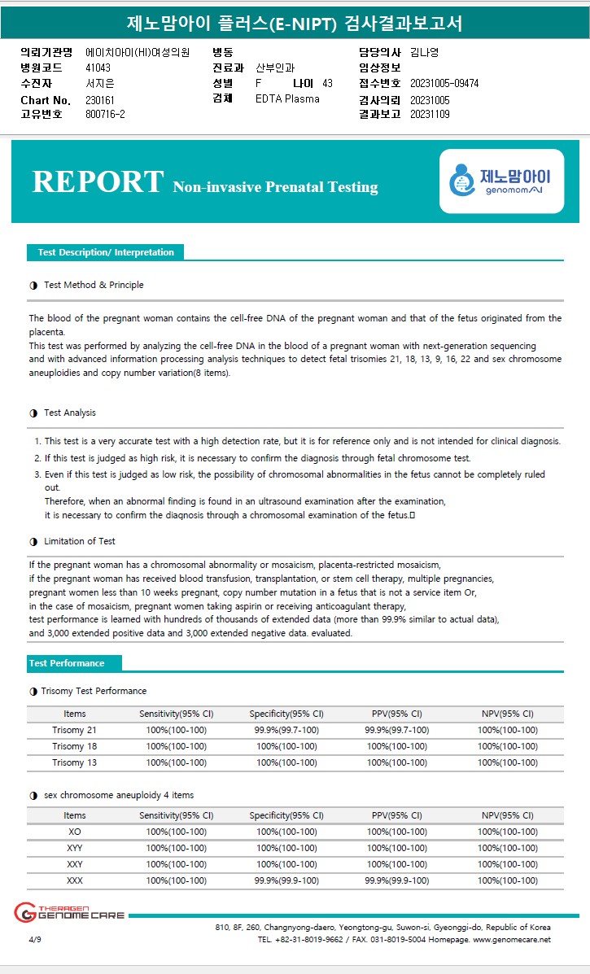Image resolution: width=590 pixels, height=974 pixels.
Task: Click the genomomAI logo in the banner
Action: (501, 181)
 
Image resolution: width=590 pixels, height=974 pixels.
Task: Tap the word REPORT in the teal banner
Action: (98, 181)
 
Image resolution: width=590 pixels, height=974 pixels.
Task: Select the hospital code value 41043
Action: (98, 68)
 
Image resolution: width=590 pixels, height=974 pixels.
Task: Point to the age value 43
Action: (327, 84)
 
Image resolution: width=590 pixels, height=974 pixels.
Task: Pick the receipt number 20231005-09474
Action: (444, 84)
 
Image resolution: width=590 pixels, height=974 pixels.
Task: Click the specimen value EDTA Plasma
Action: (287, 99)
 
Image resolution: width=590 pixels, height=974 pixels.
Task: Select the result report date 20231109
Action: (430, 115)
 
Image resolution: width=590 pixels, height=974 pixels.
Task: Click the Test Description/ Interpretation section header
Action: (106, 252)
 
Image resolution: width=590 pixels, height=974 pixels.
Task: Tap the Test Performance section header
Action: (67, 663)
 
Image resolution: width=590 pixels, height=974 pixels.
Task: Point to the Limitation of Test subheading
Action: (79, 541)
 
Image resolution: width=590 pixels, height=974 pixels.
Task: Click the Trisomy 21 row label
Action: (74, 730)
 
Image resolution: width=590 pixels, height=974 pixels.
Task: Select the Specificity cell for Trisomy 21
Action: (286, 730)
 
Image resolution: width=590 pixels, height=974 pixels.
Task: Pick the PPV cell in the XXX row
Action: (396, 880)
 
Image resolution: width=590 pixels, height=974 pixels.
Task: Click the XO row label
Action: (74, 832)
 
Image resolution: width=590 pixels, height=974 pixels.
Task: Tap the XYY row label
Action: (74, 848)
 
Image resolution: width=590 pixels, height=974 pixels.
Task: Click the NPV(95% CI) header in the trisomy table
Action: (507, 714)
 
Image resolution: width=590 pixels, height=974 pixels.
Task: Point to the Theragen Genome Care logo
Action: (69, 913)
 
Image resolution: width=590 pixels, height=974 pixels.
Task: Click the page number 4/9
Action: (34, 939)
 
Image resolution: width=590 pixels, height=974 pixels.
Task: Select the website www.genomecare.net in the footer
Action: (512, 939)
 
